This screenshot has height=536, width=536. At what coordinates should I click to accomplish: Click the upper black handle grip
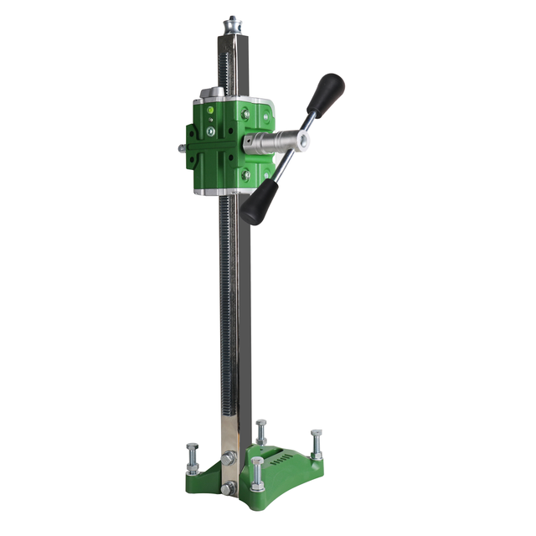coord(326,90)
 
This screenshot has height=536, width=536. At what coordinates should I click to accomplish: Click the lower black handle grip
coord(255,204)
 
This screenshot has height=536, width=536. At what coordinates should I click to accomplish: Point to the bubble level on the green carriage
coord(210,110)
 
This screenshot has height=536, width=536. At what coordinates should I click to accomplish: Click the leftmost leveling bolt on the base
coord(193,458)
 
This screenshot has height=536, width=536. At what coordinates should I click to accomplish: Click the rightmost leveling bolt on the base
coord(316,443)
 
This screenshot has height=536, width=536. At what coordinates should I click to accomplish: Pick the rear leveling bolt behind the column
coord(261,431)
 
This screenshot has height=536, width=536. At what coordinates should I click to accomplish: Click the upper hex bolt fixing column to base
coord(229,457)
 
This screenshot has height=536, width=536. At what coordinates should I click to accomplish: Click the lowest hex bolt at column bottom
coord(228,487)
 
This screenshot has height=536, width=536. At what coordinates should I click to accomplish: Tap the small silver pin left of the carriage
coord(182,148)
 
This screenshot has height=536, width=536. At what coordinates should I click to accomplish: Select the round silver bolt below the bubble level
coord(210,131)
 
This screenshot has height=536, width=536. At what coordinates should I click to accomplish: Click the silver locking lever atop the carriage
coord(211,93)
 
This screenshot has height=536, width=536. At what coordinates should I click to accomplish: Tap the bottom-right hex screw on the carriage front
coord(245,175)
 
